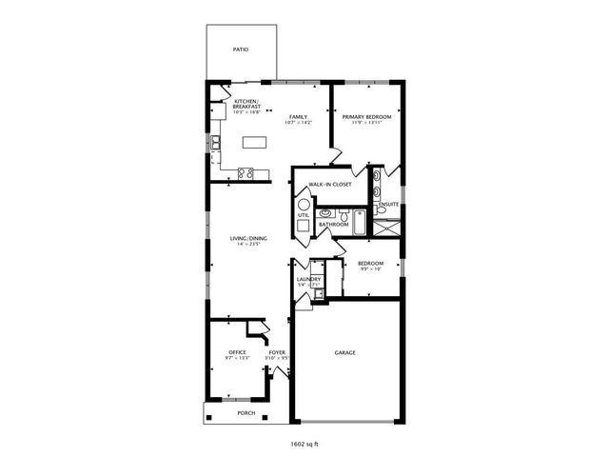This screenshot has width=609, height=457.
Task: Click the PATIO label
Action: (x=242, y=48)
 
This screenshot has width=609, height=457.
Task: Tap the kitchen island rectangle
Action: (x=254, y=143)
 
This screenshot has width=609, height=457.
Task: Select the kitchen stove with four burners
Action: (x=245, y=173)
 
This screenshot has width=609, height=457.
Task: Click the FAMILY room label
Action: (x=298, y=116)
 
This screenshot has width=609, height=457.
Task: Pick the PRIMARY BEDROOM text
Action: (x=365, y=116)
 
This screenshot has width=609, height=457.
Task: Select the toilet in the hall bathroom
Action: (x=324, y=214)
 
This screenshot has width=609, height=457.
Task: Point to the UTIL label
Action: (x=303, y=215)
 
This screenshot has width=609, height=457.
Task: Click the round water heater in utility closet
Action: (x=304, y=204)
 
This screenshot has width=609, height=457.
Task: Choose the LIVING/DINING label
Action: (x=247, y=238)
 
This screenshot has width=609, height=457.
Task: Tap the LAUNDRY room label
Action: (x=308, y=279)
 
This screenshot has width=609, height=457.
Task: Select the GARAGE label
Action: (x=344, y=352)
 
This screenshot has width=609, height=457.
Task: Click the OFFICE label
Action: (x=238, y=352)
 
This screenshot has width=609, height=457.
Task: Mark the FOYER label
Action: (x=277, y=352)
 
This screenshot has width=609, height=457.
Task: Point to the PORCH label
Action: (x=246, y=413)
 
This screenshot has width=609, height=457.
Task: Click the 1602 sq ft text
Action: (x=304, y=443)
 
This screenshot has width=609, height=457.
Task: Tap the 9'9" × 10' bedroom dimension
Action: (x=370, y=269)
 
